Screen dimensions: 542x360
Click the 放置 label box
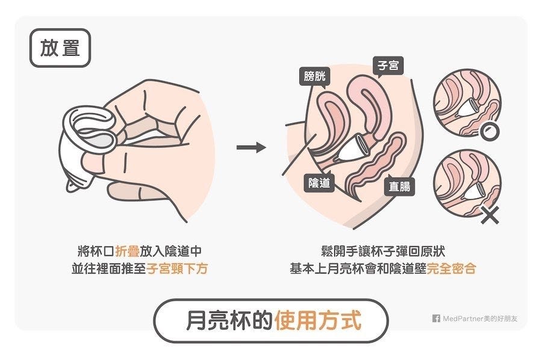tap(60, 48)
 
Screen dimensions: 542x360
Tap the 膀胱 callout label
tap(314, 76)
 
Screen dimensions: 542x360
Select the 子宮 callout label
tap(388, 65)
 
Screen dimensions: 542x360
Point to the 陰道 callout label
tap(319, 183)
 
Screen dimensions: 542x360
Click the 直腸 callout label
tap(399, 186)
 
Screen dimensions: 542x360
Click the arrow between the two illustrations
tap(251, 147)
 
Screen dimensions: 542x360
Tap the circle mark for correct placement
tap(490, 132)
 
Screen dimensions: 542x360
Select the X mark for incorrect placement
tap(490, 215)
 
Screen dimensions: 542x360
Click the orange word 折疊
tap(127, 251)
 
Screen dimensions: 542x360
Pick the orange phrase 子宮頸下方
tap(177, 268)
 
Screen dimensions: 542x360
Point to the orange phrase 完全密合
tap(452, 268)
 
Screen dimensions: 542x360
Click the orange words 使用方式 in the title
tap(318, 320)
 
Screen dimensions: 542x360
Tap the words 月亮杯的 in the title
tap(229, 320)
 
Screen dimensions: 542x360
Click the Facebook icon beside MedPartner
tap(436, 318)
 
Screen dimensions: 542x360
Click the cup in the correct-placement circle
tap(467, 107)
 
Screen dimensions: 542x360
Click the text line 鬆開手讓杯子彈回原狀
tap(383, 251)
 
